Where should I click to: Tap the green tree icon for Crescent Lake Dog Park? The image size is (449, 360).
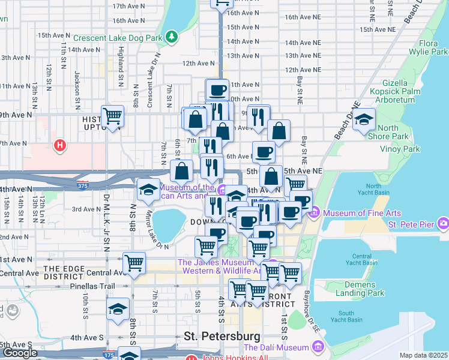pos(172,37)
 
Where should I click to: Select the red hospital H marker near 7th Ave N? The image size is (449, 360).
pos(59,145)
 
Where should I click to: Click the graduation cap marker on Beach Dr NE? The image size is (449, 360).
pos(364,119)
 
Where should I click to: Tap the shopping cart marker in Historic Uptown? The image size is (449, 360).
pos(112,116)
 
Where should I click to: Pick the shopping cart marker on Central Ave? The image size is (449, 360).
pos(134,263)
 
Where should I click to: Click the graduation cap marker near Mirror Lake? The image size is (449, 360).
pos(148,190)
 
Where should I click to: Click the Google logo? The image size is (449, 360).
pos(20,353)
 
